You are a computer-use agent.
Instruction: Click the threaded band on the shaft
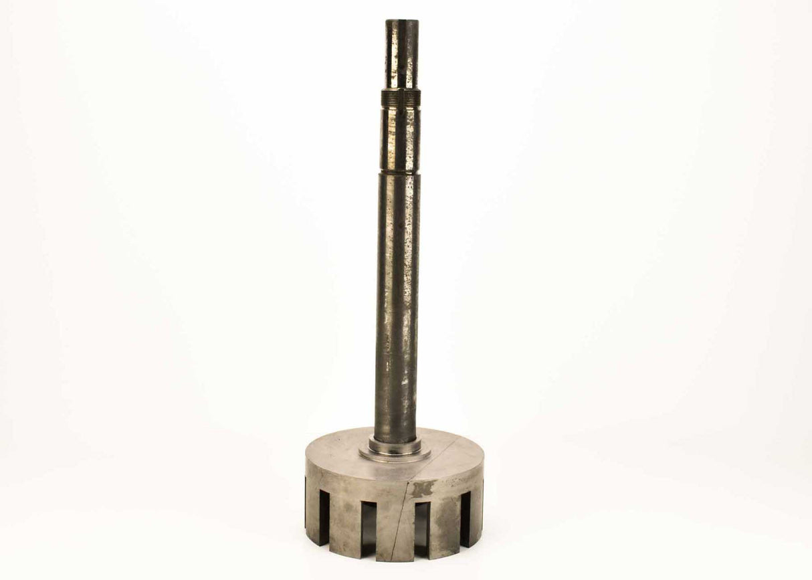pyautogui.click(x=401, y=98)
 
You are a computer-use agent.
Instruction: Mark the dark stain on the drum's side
pyautogui.click(x=423, y=488)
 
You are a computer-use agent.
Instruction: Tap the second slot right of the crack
pyautogui.click(x=465, y=518)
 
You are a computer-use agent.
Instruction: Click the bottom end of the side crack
pyautogui.click(x=391, y=559)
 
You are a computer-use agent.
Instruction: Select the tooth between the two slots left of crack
pyautogui.click(x=345, y=528)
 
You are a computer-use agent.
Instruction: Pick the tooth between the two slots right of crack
pyautogui.click(x=445, y=528)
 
